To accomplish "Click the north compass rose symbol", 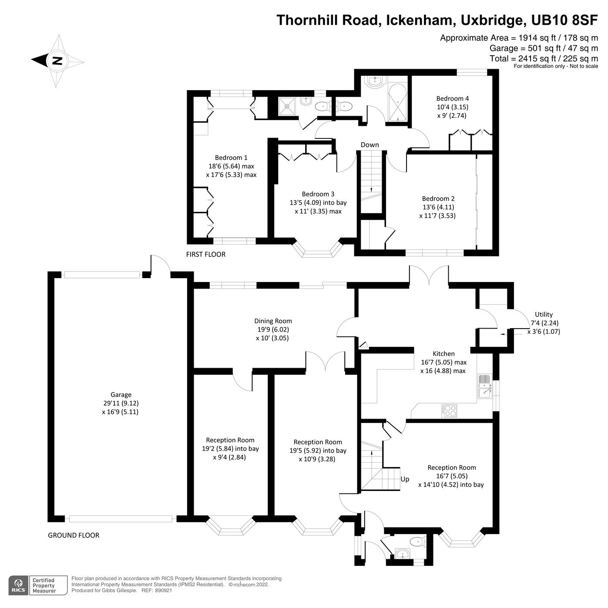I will [57, 61].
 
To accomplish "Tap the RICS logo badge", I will [18, 585].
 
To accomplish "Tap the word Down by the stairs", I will [370, 145].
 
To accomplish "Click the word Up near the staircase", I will [405, 479].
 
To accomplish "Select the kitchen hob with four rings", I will [449, 411].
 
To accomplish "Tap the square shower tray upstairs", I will [288, 106].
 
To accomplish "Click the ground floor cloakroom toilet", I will [417, 542].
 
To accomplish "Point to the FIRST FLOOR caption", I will [205, 254].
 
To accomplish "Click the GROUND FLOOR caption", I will [73, 535].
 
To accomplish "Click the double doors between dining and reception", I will [325, 361].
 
